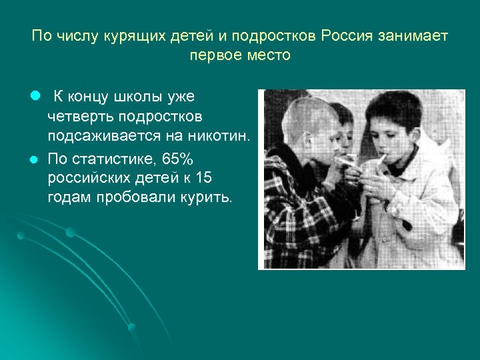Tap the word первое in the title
[x=215, y=55]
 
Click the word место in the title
[x=268, y=55]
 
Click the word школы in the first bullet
[x=133, y=97]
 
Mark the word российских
[x=85, y=178]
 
